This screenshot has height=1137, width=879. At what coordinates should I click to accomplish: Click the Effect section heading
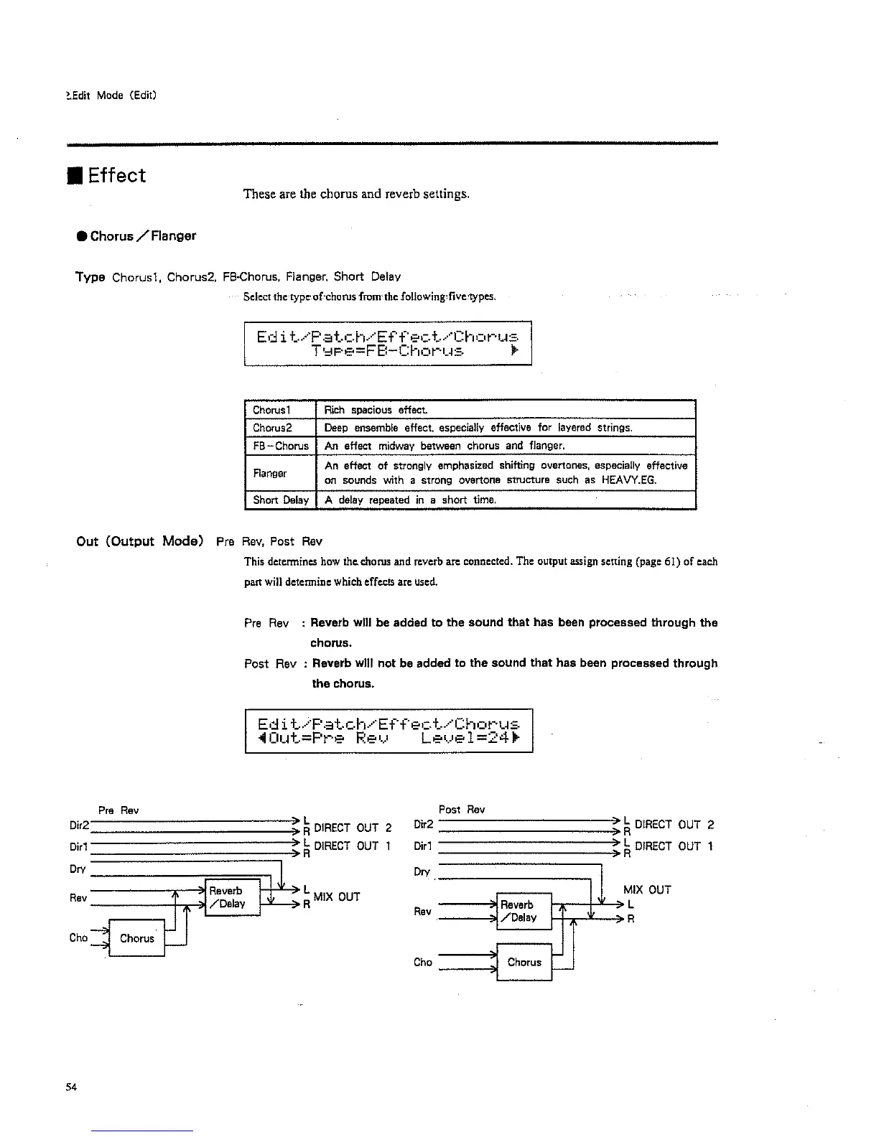click(x=116, y=176)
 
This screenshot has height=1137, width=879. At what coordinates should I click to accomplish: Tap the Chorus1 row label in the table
click(x=271, y=411)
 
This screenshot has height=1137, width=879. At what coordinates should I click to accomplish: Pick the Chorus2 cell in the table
click(x=272, y=428)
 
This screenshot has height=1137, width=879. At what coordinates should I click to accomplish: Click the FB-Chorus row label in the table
click(x=280, y=446)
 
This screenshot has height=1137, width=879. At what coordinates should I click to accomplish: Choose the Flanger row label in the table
click(x=270, y=473)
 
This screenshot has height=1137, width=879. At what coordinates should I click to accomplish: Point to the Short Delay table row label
click(x=280, y=500)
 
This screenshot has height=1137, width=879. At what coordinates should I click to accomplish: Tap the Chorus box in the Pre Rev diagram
click(x=136, y=938)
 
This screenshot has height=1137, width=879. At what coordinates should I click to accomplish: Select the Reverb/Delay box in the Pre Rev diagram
click(x=232, y=897)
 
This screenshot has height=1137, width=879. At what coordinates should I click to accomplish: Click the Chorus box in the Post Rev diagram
click(x=524, y=962)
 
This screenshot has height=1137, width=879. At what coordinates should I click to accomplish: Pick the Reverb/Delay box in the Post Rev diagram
click(x=524, y=911)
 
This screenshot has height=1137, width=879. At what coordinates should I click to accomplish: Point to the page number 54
click(x=70, y=1087)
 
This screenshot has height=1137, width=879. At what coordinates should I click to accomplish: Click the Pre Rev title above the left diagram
click(x=118, y=810)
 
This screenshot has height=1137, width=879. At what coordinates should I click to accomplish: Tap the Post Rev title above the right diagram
click(x=461, y=810)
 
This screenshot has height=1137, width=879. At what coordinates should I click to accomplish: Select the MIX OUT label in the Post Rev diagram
click(x=647, y=890)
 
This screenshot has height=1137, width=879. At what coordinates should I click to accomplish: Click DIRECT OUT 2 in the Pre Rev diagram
click(x=353, y=828)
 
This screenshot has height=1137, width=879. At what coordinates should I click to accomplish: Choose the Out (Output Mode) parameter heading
click(x=139, y=541)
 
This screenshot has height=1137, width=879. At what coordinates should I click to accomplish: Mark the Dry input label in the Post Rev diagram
click(x=422, y=872)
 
